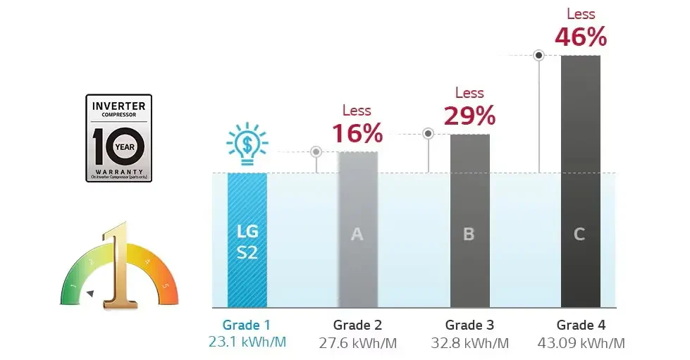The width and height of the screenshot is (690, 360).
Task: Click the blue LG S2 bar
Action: [247, 240]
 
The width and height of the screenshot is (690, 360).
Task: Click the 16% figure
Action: [357, 133]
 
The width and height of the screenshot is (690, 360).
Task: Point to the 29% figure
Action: [469, 115]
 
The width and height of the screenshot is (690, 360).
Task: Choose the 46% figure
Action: [581, 37]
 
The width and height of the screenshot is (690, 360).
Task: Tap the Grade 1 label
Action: [247, 325]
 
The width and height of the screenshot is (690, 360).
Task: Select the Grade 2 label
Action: [357, 325]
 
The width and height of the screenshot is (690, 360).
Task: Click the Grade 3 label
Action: [469, 325]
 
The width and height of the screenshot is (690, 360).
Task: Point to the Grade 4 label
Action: [581, 325]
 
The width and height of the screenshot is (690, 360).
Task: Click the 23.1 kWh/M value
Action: [247, 343]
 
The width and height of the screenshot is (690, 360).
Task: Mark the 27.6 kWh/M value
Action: [357, 343]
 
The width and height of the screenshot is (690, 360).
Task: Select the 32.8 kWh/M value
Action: [469, 343]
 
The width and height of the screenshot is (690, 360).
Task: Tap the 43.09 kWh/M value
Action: [581, 343]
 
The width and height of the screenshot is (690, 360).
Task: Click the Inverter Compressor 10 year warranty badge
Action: [118, 138]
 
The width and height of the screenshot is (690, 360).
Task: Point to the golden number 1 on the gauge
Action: [117, 266]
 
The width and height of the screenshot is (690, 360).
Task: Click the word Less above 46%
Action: [581, 13]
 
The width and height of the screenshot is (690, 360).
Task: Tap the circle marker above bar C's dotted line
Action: [539, 54]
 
